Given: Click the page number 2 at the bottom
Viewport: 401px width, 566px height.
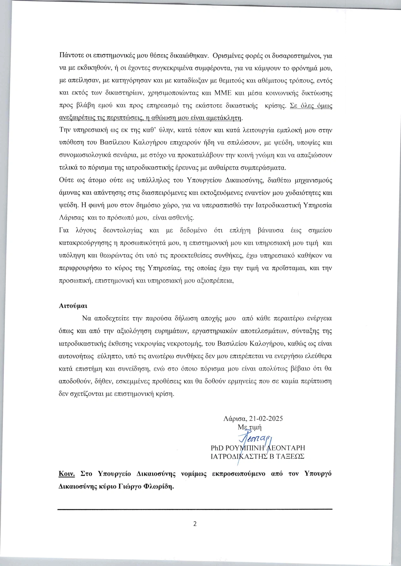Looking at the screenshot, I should point(195,524).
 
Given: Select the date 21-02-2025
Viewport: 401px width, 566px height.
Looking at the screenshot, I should point(266,418).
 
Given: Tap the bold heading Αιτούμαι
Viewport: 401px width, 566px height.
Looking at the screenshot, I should point(73,306).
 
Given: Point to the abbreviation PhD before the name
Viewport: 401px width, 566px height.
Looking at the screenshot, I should point(217,448).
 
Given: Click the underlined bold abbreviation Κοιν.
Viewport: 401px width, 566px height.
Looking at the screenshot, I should point(67,474).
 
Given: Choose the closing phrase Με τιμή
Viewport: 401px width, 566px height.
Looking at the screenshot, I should point(250,427).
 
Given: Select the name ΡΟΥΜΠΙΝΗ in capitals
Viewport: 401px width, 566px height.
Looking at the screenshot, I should point(244,448).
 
